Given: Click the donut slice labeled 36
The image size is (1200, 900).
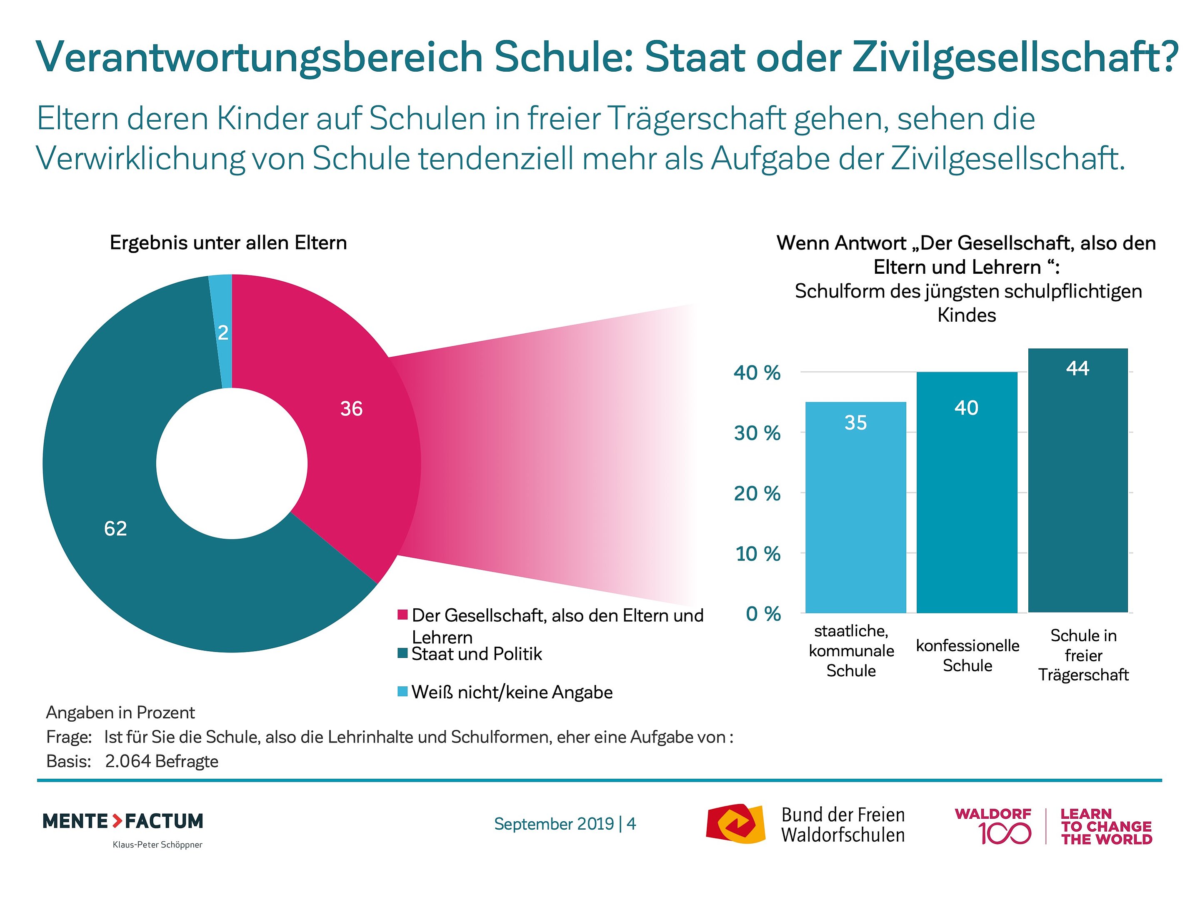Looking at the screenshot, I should (x=352, y=429).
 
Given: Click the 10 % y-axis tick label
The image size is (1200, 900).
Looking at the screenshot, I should (x=758, y=554).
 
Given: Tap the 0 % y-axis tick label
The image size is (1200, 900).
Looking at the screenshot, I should (x=763, y=614).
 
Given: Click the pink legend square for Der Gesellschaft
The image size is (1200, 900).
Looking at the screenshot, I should (x=402, y=615).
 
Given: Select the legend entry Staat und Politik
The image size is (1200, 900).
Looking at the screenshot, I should (x=476, y=654).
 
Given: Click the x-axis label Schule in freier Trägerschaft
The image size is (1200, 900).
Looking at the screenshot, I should (x=1083, y=655).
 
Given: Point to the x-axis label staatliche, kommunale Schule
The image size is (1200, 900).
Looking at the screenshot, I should (x=851, y=650).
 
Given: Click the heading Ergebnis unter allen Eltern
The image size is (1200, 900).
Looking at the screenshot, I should (x=228, y=242).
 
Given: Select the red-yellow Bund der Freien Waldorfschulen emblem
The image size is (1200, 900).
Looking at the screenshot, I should (x=735, y=823).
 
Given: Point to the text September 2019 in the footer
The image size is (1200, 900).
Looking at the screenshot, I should (x=553, y=823).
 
